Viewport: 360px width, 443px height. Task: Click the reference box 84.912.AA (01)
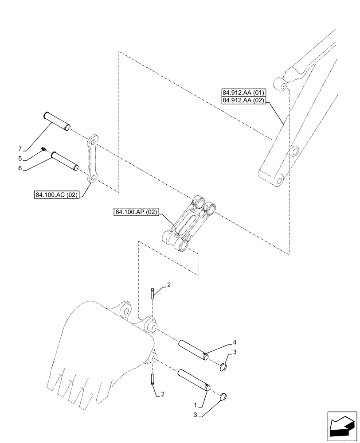[244, 93]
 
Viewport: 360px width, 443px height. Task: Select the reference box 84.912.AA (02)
[244, 101]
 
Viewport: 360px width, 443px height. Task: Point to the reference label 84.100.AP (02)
[136, 213]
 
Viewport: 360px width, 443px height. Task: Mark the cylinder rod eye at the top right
[280, 84]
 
